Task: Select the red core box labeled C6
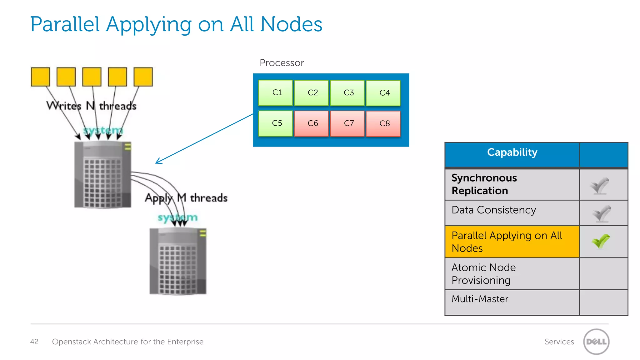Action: point(311,123)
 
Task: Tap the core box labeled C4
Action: point(383,93)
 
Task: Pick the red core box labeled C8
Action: point(383,123)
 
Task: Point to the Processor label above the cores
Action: point(282,63)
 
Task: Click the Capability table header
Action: point(512,152)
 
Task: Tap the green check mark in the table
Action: point(601,241)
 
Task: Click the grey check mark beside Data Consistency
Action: point(602,214)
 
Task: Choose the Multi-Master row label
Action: point(480,299)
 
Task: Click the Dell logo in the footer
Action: point(596,342)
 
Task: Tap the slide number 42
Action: point(34,342)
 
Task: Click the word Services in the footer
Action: point(559,342)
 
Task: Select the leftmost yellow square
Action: point(40,77)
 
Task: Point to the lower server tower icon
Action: point(178,261)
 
